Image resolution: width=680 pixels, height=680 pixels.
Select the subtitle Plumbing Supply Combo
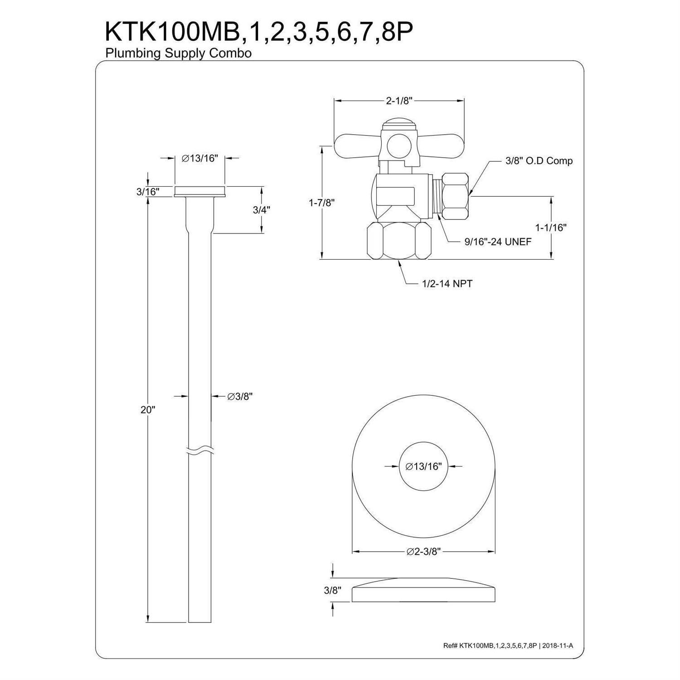click(179, 53)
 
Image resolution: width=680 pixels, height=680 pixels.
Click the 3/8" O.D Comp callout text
click(539, 160)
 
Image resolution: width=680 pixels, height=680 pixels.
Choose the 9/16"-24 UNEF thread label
click(498, 242)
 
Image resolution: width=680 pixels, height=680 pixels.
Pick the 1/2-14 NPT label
click(447, 284)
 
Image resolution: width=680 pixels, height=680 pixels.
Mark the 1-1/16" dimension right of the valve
click(551, 227)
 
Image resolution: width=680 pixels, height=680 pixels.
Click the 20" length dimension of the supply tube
click(148, 410)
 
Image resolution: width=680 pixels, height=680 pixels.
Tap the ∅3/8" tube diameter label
click(239, 396)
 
